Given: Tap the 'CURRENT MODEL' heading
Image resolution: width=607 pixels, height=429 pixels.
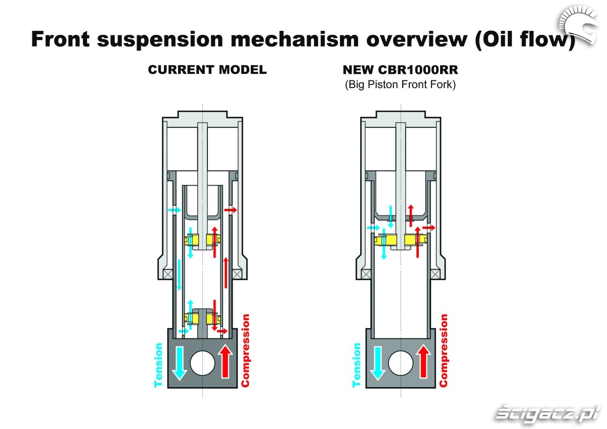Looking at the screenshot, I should pyautogui.click(x=207, y=70).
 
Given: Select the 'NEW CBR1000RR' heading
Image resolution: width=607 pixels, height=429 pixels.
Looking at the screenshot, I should pyautogui.click(x=400, y=70).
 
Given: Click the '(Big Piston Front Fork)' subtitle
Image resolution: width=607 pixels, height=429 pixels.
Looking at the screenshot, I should pyautogui.click(x=400, y=84).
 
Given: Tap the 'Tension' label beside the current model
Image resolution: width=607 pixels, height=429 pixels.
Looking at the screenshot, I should pyautogui.click(x=159, y=365).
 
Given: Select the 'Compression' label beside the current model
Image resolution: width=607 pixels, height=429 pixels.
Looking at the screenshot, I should pyautogui.click(x=246, y=350).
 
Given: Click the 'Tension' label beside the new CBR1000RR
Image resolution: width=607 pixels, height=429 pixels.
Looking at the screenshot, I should pyautogui.click(x=357, y=365).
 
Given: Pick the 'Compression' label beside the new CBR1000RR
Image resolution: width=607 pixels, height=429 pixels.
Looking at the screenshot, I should pyautogui.click(x=444, y=350).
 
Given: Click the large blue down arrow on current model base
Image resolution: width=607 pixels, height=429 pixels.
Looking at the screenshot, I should pyautogui.click(x=178, y=362).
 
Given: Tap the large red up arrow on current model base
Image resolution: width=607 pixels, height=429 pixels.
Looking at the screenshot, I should pyautogui.click(x=226, y=362).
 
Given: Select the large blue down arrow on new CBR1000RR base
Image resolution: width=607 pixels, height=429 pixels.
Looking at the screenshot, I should pyautogui.click(x=376, y=362).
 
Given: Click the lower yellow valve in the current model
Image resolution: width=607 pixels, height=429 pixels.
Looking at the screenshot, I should pyautogui.click(x=202, y=318).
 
